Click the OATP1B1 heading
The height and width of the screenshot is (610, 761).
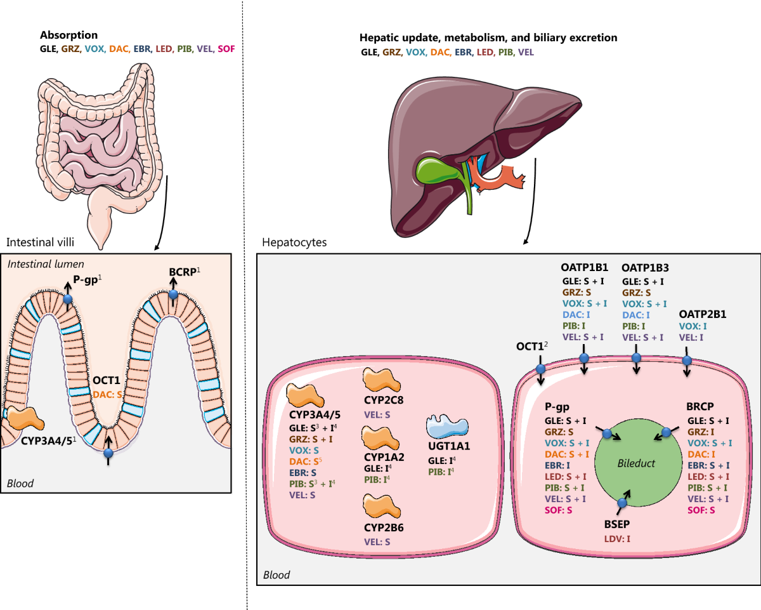tap(583, 269)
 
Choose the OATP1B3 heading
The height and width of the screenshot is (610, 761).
tap(646, 269)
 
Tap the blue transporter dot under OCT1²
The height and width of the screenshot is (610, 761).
tap(541, 369)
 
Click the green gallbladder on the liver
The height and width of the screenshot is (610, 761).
tap(432, 170)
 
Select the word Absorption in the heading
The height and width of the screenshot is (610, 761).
tap(68, 36)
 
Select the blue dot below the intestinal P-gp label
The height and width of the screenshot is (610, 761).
tap(68, 298)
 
